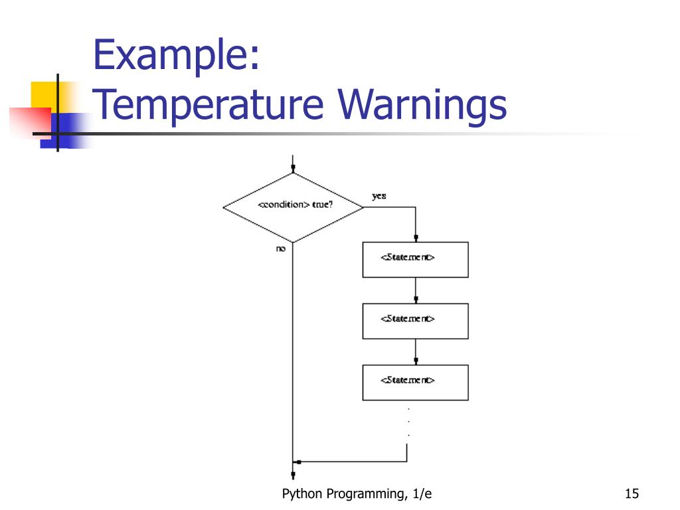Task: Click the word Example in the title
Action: point(175,55)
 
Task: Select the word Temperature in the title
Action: point(208,105)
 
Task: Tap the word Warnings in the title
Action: point(422,105)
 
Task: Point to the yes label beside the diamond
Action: point(379,196)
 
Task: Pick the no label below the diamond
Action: point(281,248)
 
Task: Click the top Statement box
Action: point(416,260)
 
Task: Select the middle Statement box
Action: point(416,321)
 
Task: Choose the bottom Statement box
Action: point(416,382)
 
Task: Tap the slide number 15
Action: point(632,493)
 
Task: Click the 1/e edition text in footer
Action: point(422,493)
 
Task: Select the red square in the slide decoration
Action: point(31,123)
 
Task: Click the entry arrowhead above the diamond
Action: point(293,168)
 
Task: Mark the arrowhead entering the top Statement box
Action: point(416,238)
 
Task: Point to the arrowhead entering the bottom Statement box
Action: point(416,361)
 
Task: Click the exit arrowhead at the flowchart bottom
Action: point(293,475)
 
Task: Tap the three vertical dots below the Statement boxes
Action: point(408,422)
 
